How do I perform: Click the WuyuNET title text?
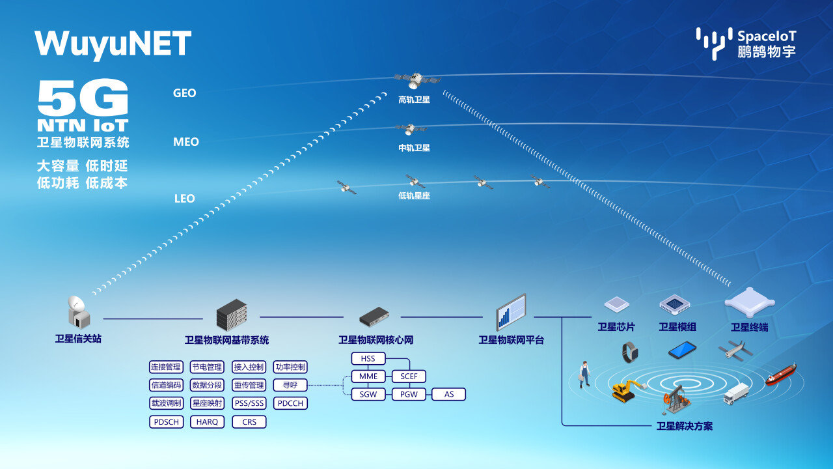click(113, 44)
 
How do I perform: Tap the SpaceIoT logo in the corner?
click(746, 44)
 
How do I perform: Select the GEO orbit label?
click(184, 93)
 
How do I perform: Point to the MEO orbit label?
click(185, 142)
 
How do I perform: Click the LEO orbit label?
click(184, 199)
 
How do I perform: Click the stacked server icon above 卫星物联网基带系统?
click(232, 315)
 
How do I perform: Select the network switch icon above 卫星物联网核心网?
click(374, 317)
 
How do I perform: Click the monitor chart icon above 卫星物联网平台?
click(511, 313)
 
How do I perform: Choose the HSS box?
click(368, 359)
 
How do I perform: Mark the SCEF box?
click(409, 377)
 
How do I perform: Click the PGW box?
click(409, 394)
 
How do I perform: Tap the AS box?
click(449, 394)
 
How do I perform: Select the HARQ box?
click(208, 422)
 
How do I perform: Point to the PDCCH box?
click(290, 403)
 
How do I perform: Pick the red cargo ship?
click(780, 374)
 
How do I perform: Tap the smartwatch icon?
click(629, 352)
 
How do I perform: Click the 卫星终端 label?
click(749, 328)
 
